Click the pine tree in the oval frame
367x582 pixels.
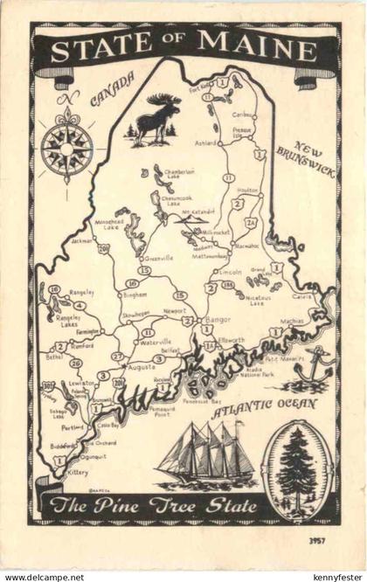(x=297, y=469)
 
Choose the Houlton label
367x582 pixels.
(x=247, y=190)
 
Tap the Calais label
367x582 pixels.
(x=301, y=296)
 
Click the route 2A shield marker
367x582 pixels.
(x=252, y=223)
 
